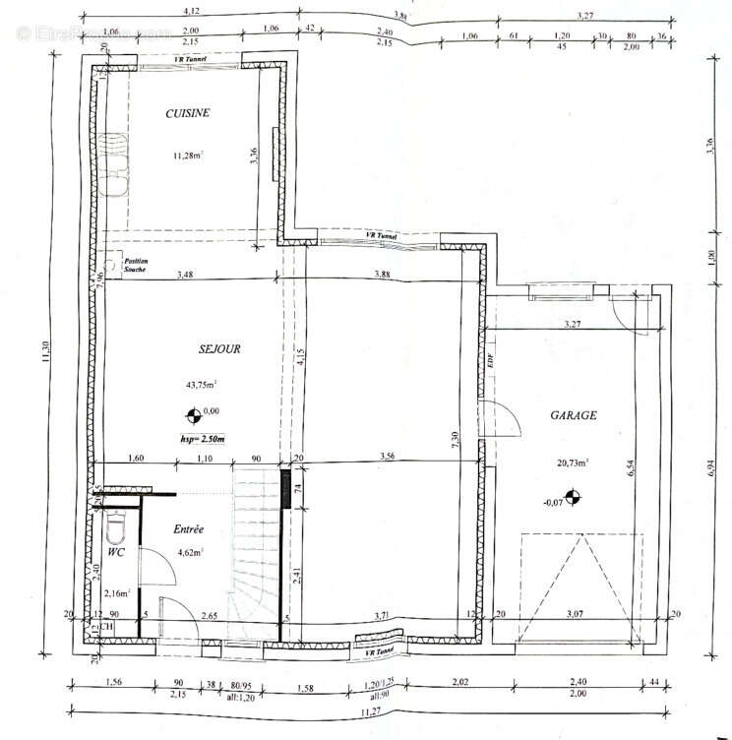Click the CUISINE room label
(187, 113)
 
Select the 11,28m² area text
(188, 154)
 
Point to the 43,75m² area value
(200, 385)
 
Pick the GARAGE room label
(573, 416)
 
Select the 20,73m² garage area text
(570, 462)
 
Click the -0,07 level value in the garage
(554, 502)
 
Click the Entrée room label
(188, 529)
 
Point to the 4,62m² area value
(190, 553)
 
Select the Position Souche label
(134, 265)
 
